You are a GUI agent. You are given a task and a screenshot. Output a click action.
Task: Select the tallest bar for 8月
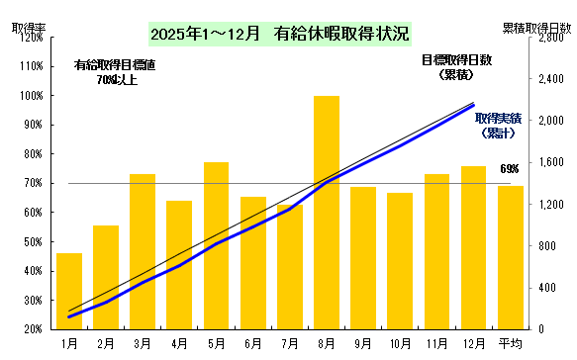(x=327, y=212)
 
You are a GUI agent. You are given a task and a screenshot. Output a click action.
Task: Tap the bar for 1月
(x=69, y=291)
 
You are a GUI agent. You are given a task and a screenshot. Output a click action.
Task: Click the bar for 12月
(x=473, y=247)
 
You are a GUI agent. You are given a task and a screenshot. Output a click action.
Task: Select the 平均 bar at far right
(x=510, y=257)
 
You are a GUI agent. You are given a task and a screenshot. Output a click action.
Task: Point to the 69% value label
(x=510, y=168)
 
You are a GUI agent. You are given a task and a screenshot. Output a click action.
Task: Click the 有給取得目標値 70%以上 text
(x=115, y=72)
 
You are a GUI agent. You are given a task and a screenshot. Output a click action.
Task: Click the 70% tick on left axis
(x=29, y=183)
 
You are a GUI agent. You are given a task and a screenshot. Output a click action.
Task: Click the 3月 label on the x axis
(x=143, y=342)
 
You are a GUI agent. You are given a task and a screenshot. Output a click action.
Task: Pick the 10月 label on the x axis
(x=400, y=342)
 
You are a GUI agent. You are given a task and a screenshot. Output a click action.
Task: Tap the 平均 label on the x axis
(x=510, y=342)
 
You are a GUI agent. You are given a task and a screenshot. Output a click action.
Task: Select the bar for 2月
(x=106, y=277)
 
